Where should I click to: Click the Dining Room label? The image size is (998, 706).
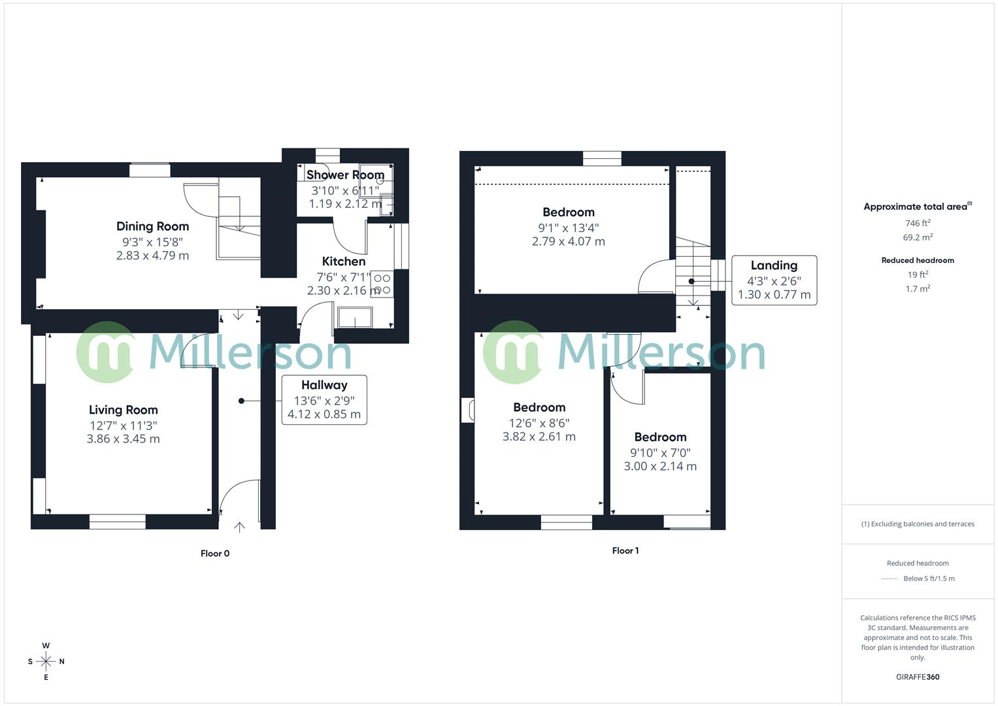[x=152, y=226]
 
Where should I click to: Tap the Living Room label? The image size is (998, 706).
[x=123, y=410]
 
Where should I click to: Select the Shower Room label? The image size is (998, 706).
[x=345, y=175]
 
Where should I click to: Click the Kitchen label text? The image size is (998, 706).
[x=344, y=261]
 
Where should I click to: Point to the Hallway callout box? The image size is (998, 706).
[x=324, y=399]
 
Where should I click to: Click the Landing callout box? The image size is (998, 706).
[x=774, y=280]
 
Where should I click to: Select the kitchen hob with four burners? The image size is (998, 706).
[x=382, y=284]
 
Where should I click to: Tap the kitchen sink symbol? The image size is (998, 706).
[x=355, y=318]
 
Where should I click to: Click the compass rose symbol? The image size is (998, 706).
[x=46, y=662]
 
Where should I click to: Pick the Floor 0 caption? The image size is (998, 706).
[x=215, y=554]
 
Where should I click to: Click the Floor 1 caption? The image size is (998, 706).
[x=625, y=550]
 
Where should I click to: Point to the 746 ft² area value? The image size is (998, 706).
[x=918, y=223]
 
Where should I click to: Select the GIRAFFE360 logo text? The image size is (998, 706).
[x=918, y=677]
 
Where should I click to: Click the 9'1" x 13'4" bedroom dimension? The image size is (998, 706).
[x=568, y=227]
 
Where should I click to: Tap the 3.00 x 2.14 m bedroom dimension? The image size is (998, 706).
[x=660, y=466]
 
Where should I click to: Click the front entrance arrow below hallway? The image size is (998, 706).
[x=239, y=526]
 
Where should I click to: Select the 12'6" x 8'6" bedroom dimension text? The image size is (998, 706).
[x=539, y=423]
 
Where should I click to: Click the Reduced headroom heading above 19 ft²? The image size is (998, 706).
[x=918, y=260]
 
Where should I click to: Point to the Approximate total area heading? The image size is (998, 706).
[x=916, y=207]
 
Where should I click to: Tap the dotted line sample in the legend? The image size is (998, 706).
[x=890, y=579]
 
